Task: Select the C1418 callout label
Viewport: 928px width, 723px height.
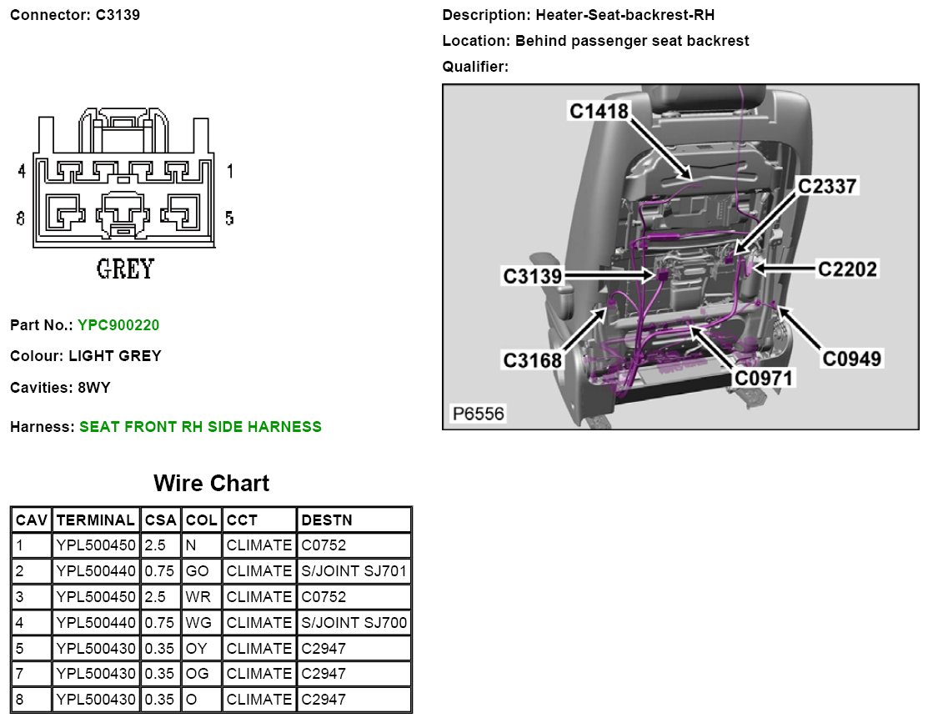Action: [x=598, y=110]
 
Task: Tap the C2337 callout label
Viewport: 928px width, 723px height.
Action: [x=826, y=186]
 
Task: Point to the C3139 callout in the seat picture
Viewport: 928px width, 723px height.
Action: [x=533, y=275]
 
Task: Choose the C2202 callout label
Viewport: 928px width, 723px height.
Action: [x=846, y=269]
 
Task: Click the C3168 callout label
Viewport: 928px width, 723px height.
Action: [x=532, y=360]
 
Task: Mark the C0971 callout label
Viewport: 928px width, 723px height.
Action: [x=763, y=378]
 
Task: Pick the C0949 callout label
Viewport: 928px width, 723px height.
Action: [x=852, y=359]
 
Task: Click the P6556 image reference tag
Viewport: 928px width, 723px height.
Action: [x=478, y=413]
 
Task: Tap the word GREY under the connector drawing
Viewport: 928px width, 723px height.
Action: [x=125, y=269]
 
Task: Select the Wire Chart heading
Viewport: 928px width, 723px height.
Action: [x=211, y=484]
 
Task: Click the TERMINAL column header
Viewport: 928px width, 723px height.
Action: [x=96, y=520]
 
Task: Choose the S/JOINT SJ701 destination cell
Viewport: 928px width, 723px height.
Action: [x=354, y=571]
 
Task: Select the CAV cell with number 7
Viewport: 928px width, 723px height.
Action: [x=20, y=674]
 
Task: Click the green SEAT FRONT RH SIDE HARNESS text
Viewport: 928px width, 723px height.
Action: [x=200, y=427]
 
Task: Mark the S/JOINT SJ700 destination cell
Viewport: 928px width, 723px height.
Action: [x=354, y=623]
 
